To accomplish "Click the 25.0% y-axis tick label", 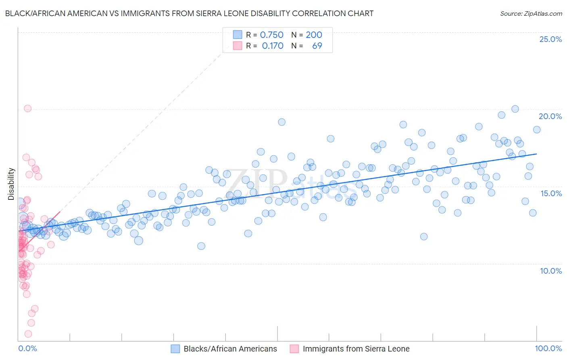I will pyautogui.click(x=550, y=39).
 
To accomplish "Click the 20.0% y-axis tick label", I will pyautogui.click(x=550, y=116).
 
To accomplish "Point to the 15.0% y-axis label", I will pyautogui.click(x=551, y=193).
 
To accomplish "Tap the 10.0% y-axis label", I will pyautogui.click(x=551, y=271).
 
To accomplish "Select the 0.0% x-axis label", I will pyautogui.click(x=27, y=348).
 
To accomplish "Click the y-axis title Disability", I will pyautogui.click(x=11, y=184).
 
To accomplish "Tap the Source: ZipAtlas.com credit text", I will pyautogui.click(x=531, y=13).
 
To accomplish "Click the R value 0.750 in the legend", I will pyautogui.click(x=271, y=35).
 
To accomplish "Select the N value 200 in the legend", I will pyautogui.click(x=314, y=35).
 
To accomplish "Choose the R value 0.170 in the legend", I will pyautogui.click(x=273, y=46).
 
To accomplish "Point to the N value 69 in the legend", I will pyautogui.click(x=317, y=46).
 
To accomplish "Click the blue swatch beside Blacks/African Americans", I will pyautogui.click(x=175, y=349).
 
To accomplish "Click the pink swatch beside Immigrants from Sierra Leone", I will pyautogui.click(x=294, y=349).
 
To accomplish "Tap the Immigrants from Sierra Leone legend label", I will pyautogui.click(x=356, y=349).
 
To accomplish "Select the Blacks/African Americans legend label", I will pyautogui.click(x=230, y=349).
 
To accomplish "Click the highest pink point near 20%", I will pyautogui.click(x=28, y=108).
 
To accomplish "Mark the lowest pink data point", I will pyautogui.click(x=28, y=334).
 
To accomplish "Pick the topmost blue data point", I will pyautogui.click(x=515, y=109).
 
